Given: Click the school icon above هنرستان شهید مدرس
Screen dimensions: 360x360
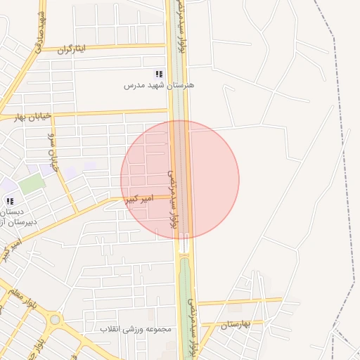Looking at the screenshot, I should click(x=160, y=74).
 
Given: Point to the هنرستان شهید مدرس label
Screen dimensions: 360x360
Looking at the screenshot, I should click(x=159, y=85).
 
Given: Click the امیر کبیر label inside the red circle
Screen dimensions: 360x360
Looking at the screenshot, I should click(x=138, y=200).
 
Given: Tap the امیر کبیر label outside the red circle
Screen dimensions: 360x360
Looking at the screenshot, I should click(x=13, y=243).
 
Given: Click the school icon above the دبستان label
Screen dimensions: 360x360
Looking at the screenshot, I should click(x=10, y=200).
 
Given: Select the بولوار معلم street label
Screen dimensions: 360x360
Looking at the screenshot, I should click(x=25, y=300).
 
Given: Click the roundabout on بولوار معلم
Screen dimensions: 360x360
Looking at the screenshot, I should click(x=55, y=319).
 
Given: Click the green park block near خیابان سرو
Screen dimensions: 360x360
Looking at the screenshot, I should click(x=32, y=184).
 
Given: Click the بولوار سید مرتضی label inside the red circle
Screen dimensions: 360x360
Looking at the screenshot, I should click(x=173, y=200).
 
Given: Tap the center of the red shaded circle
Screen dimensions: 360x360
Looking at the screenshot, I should click(x=180, y=180).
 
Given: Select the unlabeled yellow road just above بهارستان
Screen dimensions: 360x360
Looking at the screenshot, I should click(x=239, y=300).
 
